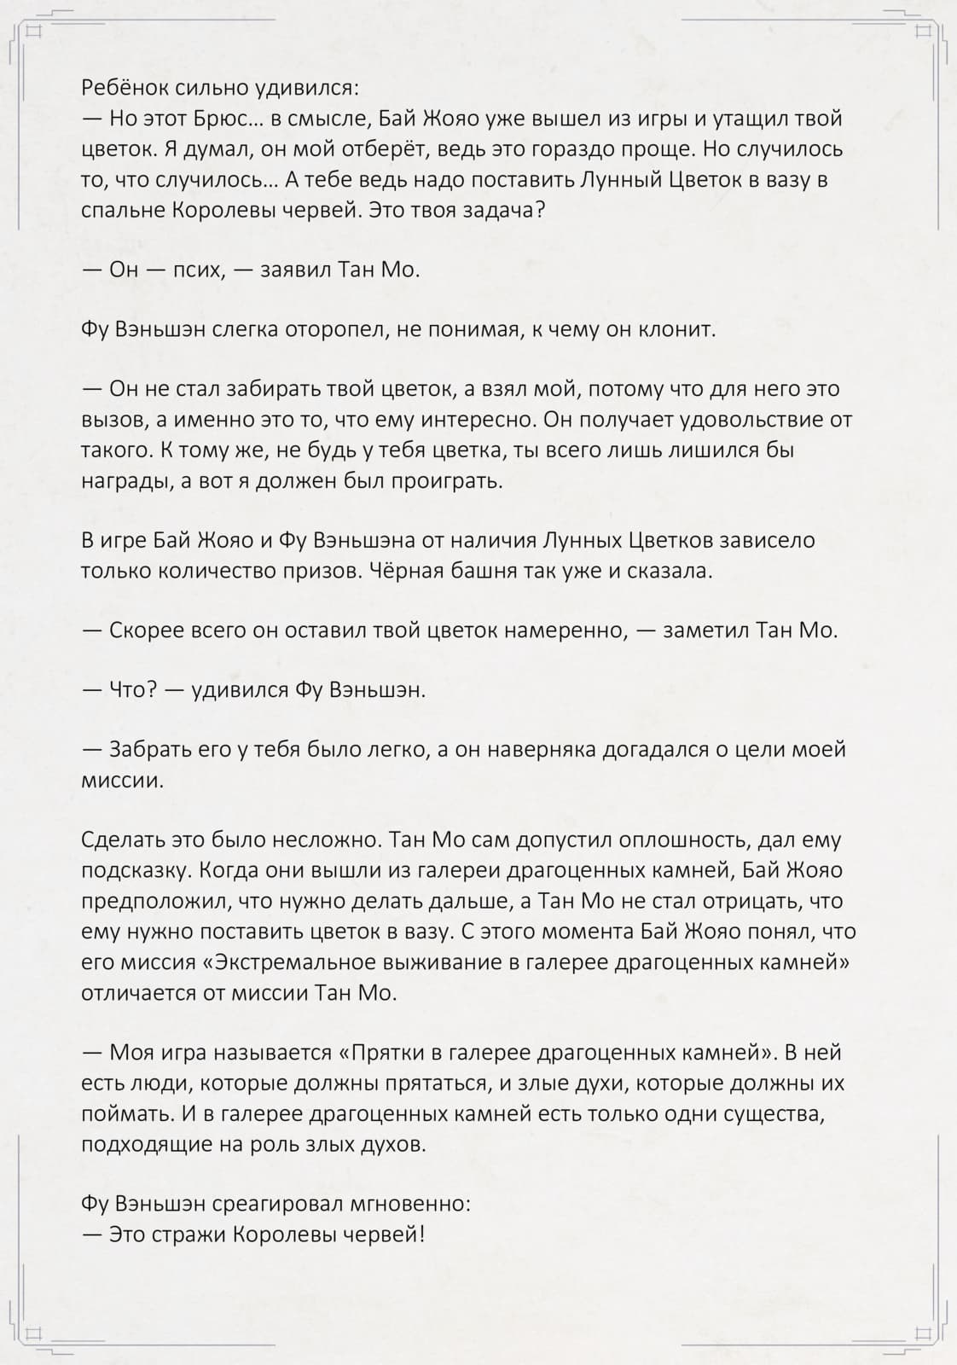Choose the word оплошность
tap(676, 840)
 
